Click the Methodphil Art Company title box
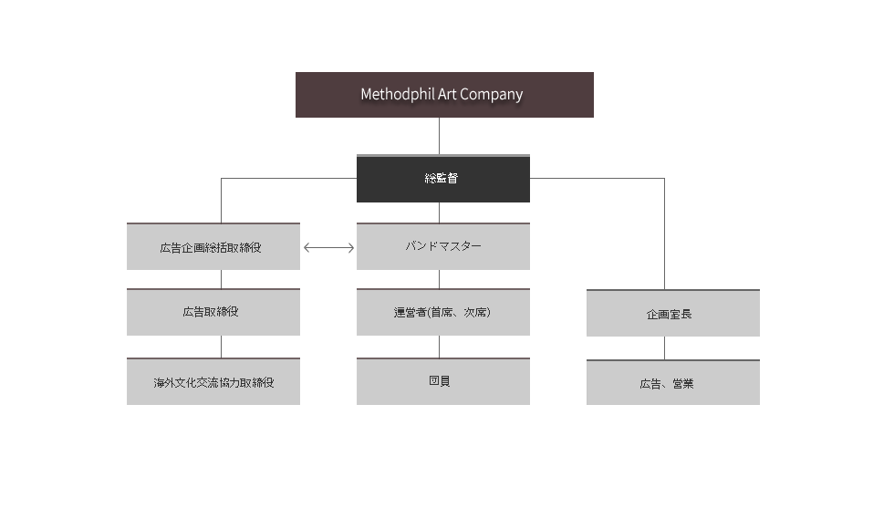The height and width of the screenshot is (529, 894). [444, 95]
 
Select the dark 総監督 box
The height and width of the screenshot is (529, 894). [443, 179]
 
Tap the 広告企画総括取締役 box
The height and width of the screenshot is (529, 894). [213, 246]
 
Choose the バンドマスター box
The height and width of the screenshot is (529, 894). [443, 246]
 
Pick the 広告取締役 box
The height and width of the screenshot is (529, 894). [213, 312]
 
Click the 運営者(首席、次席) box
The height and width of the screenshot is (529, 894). [443, 312]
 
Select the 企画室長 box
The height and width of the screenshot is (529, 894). [673, 313]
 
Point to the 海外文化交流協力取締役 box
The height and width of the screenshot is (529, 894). [213, 381]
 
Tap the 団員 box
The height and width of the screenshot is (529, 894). [443, 381]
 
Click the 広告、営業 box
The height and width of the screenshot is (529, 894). [673, 382]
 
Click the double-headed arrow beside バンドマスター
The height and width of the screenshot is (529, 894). [329, 247]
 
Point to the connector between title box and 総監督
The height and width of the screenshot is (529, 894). [439, 136]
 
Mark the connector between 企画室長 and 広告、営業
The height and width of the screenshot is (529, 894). [664, 347]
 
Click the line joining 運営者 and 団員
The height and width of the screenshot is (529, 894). [439, 347]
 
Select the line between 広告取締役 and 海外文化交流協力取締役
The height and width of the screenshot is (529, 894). [221, 347]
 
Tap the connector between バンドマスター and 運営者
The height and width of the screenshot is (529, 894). [439, 279]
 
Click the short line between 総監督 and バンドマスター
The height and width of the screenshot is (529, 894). [439, 213]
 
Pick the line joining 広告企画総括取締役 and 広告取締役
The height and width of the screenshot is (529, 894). [221, 279]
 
